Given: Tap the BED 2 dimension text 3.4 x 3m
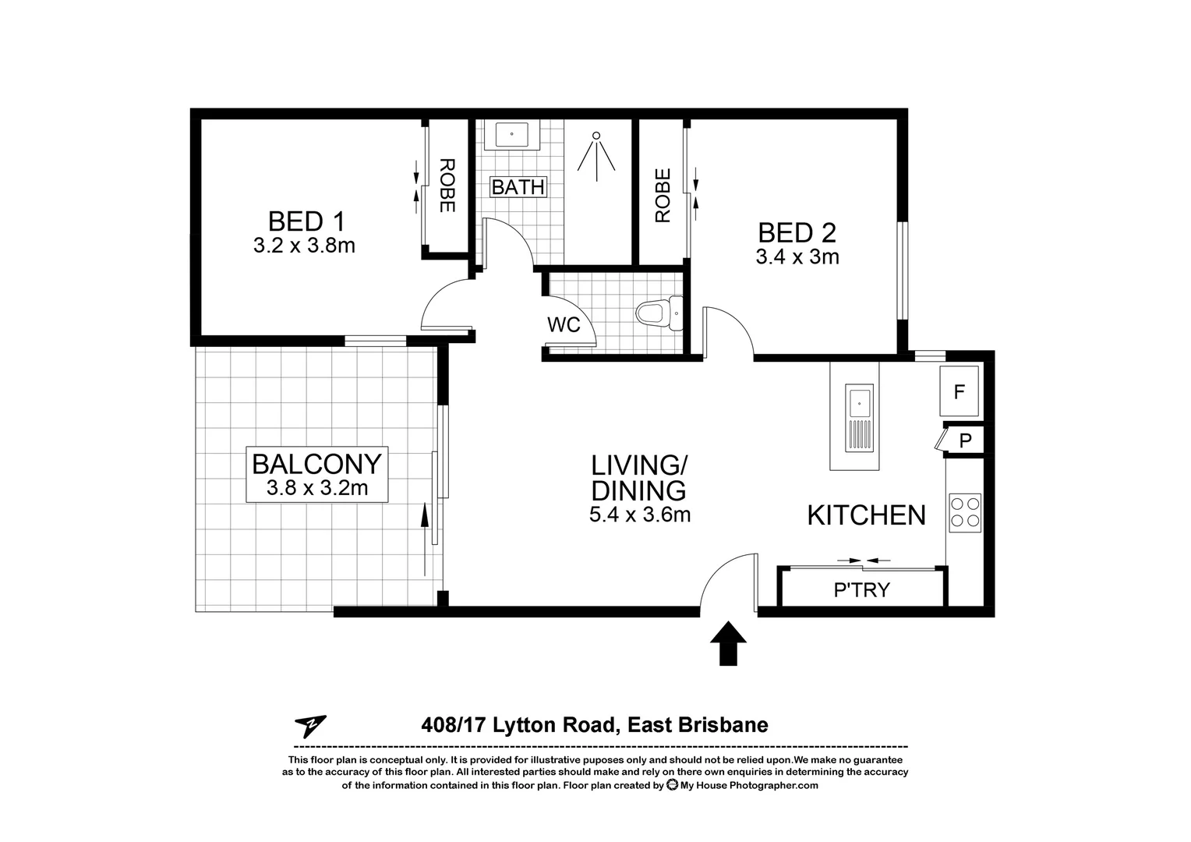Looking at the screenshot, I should (x=797, y=256).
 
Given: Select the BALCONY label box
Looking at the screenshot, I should (x=316, y=474).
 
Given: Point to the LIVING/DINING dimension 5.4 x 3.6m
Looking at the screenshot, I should (x=639, y=515).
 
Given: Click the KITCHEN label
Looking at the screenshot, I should (x=866, y=515).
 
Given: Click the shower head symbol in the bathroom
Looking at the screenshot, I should (x=596, y=152).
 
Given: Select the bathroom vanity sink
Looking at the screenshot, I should (x=511, y=134).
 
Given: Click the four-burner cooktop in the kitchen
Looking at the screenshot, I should (x=964, y=513).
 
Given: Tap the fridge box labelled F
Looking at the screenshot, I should (x=959, y=391).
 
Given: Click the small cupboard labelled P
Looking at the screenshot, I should (x=964, y=440).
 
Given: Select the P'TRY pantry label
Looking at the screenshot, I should (x=861, y=590).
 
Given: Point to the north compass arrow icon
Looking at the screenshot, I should (x=310, y=727).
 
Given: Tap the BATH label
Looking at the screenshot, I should (x=518, y=187).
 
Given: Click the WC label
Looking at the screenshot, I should (x=564, y=324).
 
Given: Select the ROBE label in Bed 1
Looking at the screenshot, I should (x=447, y=186).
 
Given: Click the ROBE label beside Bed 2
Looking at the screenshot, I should (x=663, y=196).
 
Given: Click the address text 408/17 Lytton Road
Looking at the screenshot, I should (x=518, y=725).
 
